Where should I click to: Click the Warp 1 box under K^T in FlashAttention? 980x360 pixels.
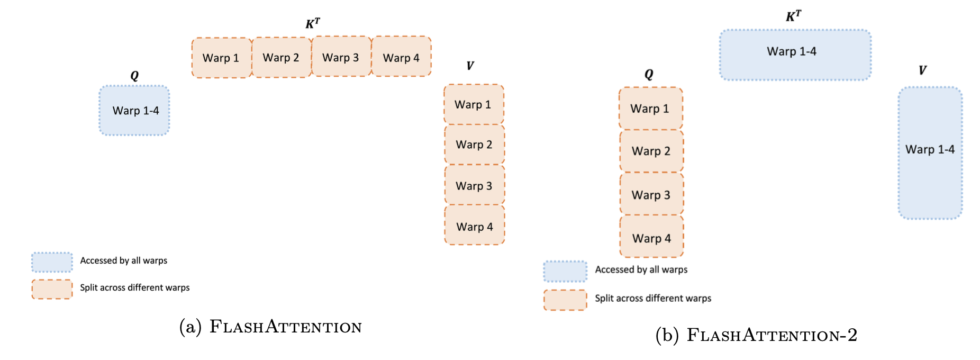[221, 58]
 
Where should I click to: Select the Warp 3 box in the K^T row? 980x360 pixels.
[341, 57]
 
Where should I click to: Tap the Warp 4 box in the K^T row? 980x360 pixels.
[401, 57]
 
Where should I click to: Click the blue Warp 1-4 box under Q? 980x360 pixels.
[134, 111]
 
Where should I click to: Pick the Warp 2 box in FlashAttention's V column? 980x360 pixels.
[474, 145]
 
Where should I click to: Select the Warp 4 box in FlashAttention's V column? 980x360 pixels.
[475, 226]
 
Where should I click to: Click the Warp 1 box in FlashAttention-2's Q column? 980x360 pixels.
[650, 109]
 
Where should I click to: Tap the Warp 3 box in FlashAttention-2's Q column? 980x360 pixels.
[651, 194]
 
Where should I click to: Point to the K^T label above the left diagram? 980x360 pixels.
[312, 23]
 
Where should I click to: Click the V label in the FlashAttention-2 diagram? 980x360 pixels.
[922, 70]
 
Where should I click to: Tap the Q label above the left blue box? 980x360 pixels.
[134, 76]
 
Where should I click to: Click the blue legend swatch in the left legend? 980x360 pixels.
[52, 262]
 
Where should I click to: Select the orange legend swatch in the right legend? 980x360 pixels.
[565, 300]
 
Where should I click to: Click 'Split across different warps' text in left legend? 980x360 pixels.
[134, 287]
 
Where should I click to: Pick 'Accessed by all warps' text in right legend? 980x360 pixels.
[641, 269]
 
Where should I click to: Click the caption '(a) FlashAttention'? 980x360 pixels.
[270, 327]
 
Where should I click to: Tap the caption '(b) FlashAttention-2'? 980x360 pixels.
[756, 335]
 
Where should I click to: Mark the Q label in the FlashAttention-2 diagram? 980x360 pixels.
[649, 74]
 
